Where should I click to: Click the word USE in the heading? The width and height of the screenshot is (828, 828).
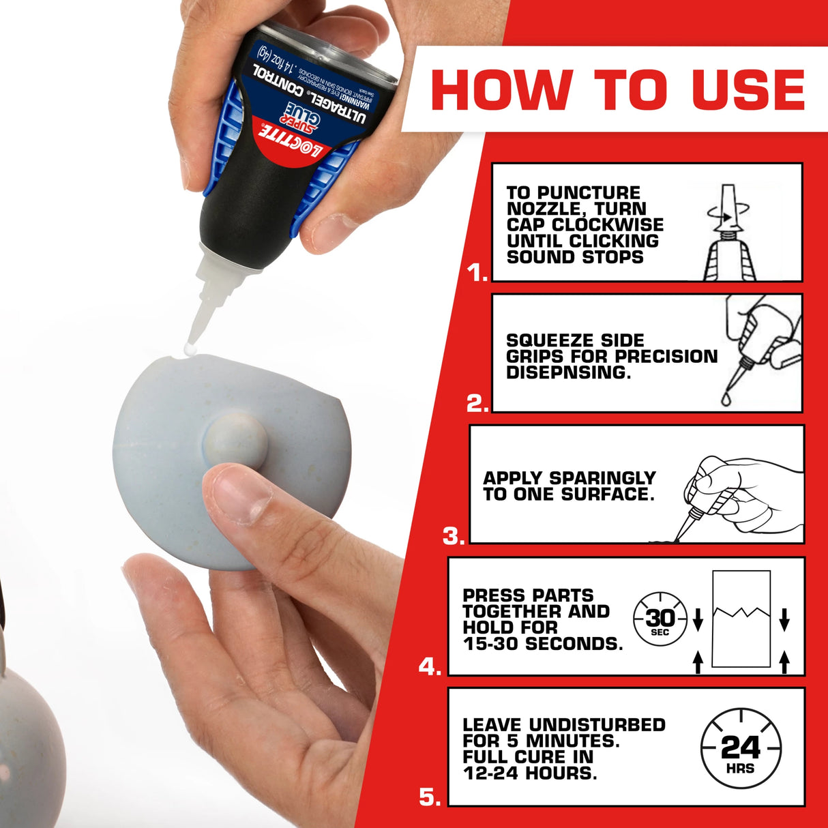pos(748,89)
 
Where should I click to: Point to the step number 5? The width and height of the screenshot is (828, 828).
pos(430,797)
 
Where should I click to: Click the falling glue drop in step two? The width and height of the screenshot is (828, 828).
pos(726,398)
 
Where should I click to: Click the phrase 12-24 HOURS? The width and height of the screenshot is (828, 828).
pos(529,773)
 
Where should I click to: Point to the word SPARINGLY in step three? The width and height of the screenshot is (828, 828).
pos(602,478)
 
